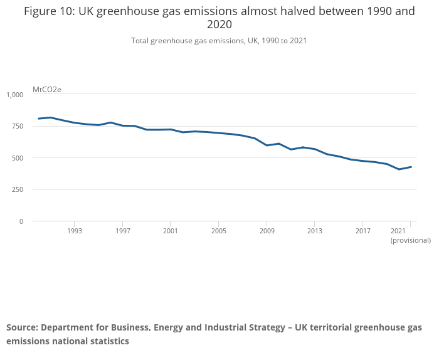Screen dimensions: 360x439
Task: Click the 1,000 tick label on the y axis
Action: click(x=14, y=95)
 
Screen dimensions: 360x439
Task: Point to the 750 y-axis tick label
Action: click(x=16, y=127)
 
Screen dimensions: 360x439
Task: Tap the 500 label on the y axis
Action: click(x=16, y=158)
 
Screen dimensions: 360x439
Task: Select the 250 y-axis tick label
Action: click(x=16, y=190)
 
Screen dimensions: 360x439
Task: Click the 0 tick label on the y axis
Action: click(x=21, y=221)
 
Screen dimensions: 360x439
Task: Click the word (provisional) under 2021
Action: click(x=410, y=240)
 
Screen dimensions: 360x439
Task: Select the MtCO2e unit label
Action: click(x=46, y=90)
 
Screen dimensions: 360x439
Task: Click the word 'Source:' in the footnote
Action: click(x=22, y=327)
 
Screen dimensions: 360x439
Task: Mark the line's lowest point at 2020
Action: click(x=399, y=169)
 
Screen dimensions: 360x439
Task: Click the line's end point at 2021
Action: click(x=411, y=167)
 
